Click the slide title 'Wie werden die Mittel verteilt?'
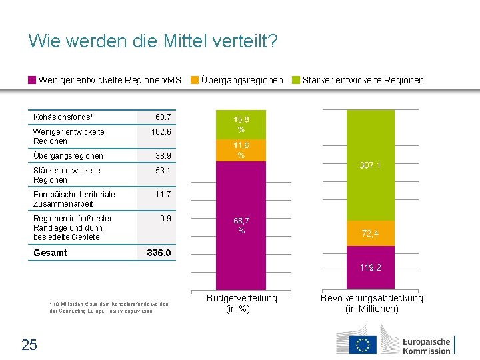153,42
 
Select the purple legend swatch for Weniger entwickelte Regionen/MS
32,80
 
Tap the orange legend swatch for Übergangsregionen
195,80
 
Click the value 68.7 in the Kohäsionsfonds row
163,117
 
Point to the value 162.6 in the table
161,132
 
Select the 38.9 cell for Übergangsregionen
163,155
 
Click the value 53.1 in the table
163,171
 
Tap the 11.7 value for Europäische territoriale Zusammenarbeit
163,195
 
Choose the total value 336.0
159,253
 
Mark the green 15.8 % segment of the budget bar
241,124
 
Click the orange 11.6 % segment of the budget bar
241,150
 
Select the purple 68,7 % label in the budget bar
241,225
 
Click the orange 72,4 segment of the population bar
371,233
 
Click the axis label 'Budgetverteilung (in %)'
241,303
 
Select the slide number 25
30,345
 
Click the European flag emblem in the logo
363,344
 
